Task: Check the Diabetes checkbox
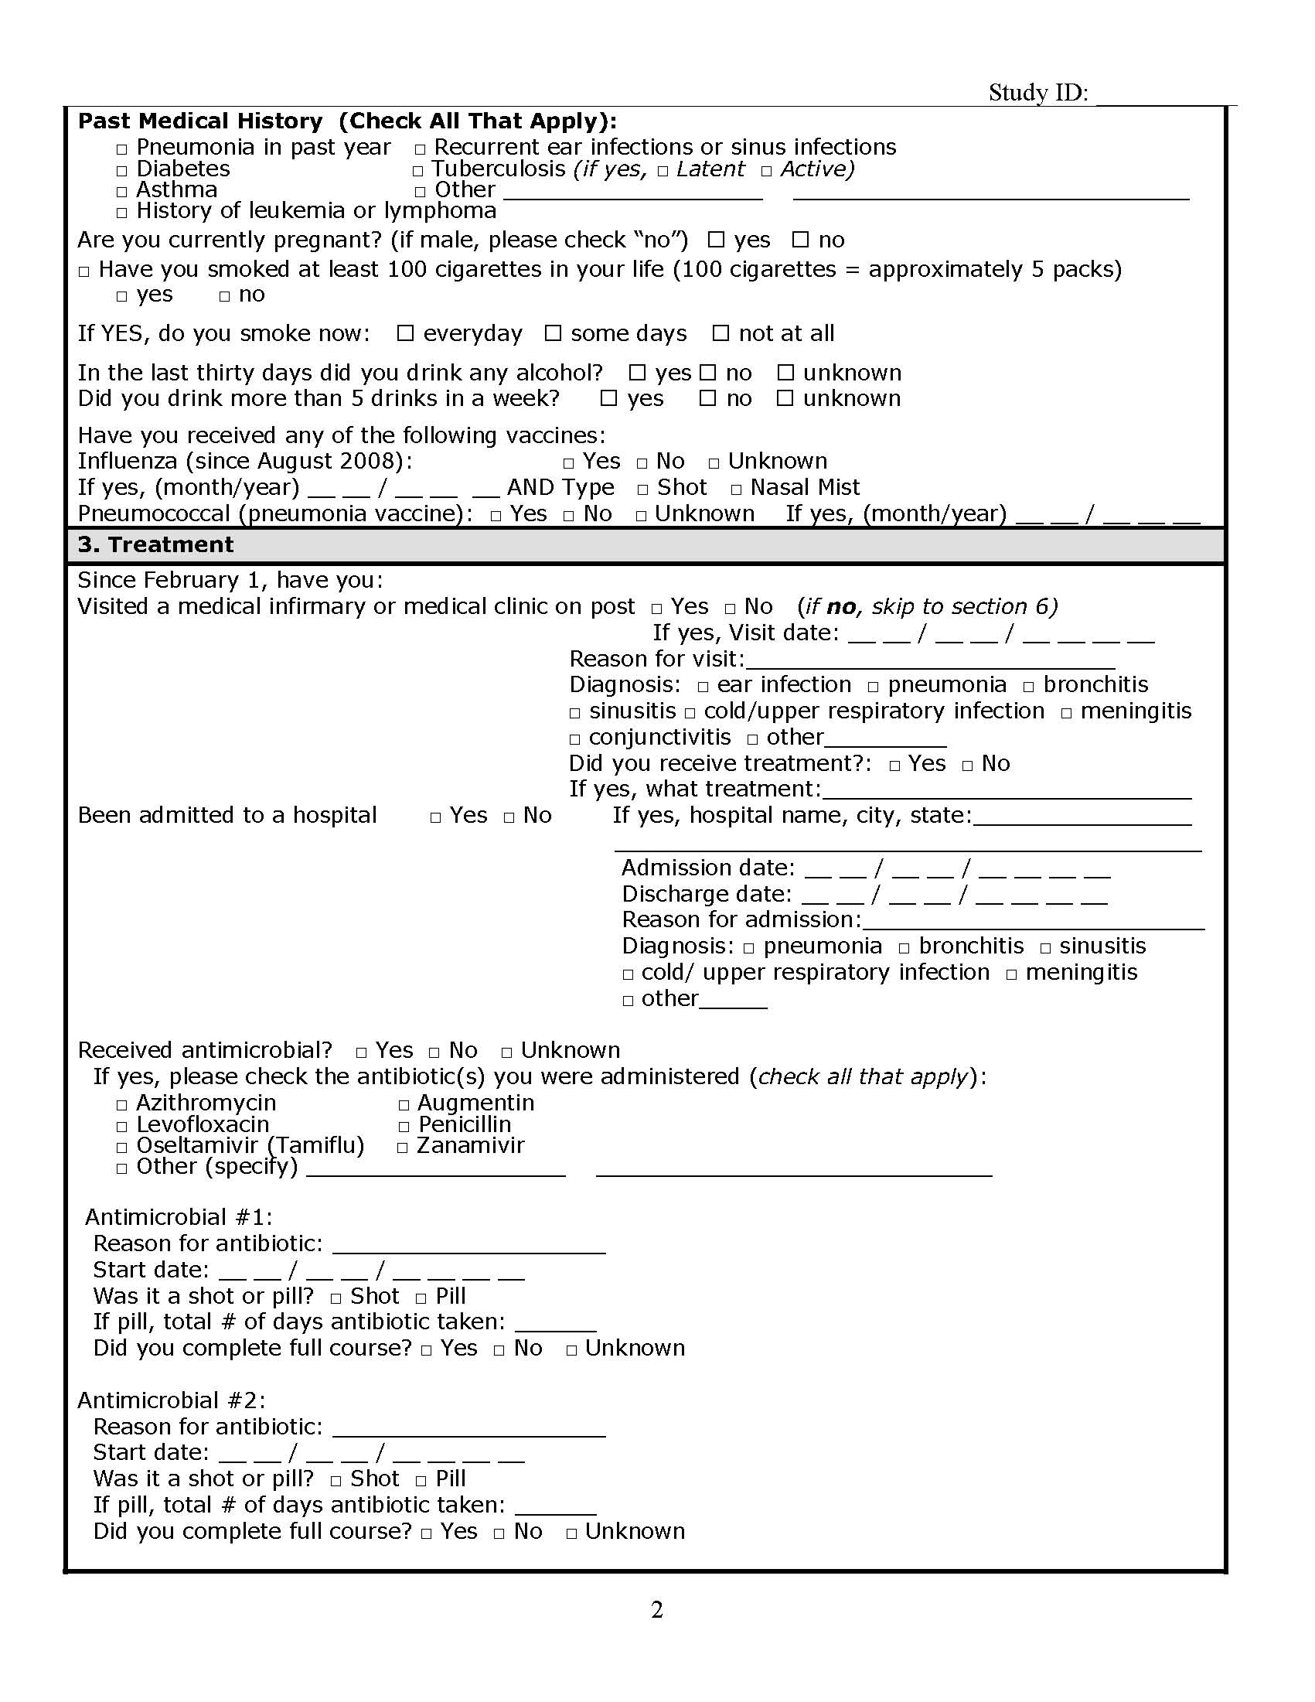click(121, 171)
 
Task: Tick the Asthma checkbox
click(121, 192)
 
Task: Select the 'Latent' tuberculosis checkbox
click(663, 171)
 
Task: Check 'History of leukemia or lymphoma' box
click(121, 213)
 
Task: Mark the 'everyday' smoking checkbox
click(405, 333)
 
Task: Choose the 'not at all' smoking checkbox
click(721, 333)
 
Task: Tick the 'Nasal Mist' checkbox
click(736, 489)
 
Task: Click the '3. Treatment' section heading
click(155, 544)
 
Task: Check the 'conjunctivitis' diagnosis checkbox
click(575, 738)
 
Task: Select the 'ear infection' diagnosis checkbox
click(703, 687)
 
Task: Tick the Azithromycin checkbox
click(121, 1105)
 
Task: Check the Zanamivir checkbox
click(403, 1147)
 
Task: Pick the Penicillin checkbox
click(404, 1126)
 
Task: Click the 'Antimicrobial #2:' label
click(172, 1400)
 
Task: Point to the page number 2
click(656, 1609)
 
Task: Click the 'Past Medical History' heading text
click(200, 121)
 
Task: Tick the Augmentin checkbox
click(404, 1105)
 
